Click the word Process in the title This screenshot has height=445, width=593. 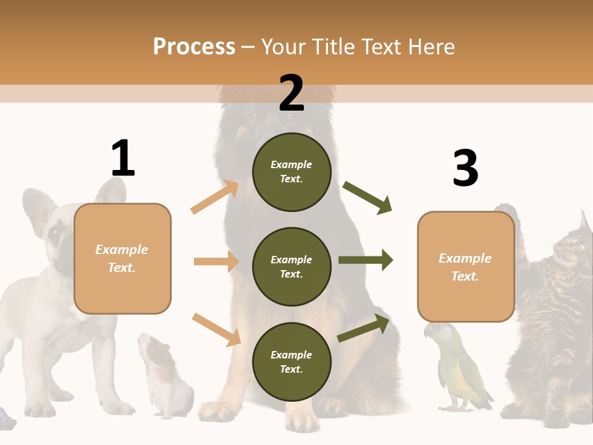(x=194, y=46)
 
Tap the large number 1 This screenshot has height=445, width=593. (x=123, y=158)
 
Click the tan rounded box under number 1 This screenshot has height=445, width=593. (x=122, y=258)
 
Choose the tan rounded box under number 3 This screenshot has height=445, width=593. (x=466, y=267)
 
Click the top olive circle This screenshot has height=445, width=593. (x=292, y=172)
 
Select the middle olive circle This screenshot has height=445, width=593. (x=292, y=266)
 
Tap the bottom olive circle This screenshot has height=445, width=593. (x=292, y=362)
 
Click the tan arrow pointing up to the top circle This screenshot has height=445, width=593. (x=214, y=197)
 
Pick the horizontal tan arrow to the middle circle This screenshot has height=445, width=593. (x=216, y=261)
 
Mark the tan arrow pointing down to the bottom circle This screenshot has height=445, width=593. (x=216, y=329)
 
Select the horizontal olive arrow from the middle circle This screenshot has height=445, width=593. (x=365, y=260)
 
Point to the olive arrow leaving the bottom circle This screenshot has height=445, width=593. (x=364, y=328)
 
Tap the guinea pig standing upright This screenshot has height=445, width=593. (x=162, y=374)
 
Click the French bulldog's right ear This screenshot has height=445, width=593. (x=37, y=207)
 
